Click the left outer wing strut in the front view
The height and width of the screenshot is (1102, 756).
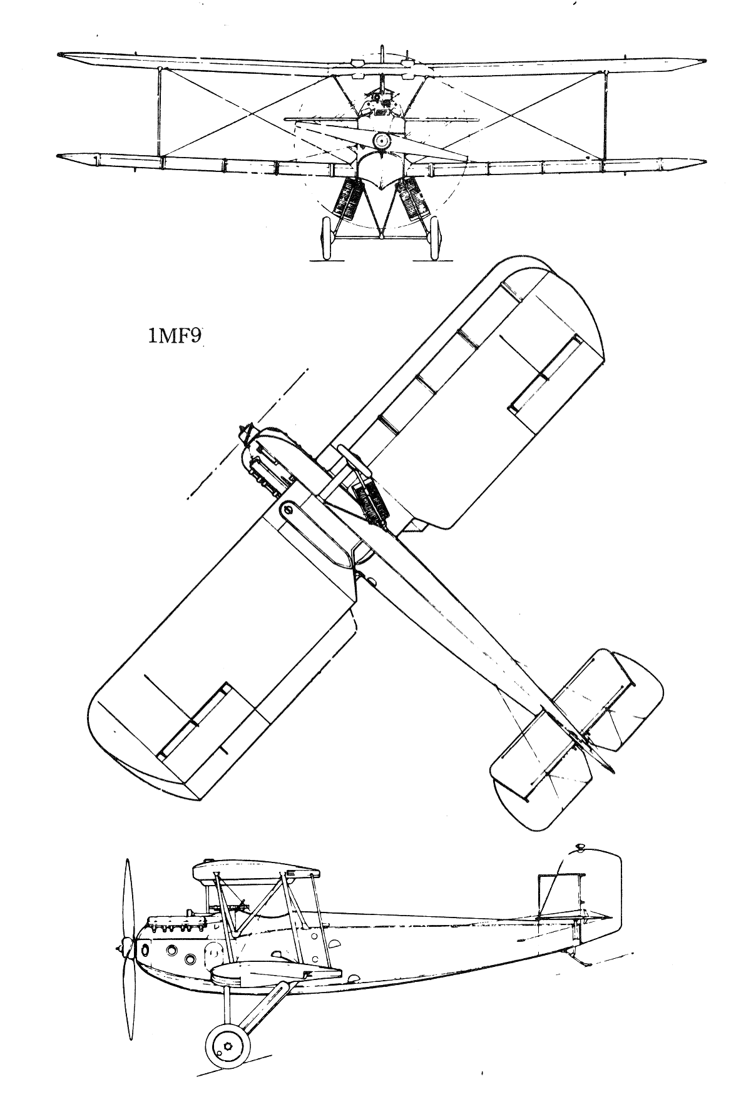pyautogui.click(x=160, y=113)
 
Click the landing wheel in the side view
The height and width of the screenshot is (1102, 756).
pyautogui.click(x=226, y=1048)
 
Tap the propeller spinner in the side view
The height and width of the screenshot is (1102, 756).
pyautogui.click(x=125, y=948)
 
